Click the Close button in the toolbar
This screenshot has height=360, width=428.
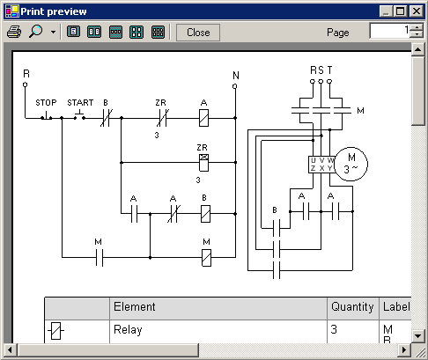tap(198, 33)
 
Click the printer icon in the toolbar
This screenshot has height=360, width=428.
tap(14, 32)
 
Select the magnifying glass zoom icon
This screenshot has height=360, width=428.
tap(36, 31)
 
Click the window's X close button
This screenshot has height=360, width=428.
tap(417, 11)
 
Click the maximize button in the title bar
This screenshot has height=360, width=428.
tap(401, 11)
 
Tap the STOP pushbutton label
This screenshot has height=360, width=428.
tap(46, 103)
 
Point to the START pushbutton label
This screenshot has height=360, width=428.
tap(80, 103)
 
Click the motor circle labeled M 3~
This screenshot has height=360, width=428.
tap(351, 164)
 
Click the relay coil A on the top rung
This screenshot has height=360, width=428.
tap(204, 118)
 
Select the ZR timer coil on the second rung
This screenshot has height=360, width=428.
tap(203, 163)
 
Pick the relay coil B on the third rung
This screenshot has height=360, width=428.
tap(205, 214)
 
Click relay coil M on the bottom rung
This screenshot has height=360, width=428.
tap(206, 258)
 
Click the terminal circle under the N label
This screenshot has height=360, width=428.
tap(234, 86)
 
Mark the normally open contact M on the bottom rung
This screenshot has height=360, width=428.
tap(100, 258)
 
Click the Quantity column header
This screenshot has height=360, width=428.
tap(352, 307)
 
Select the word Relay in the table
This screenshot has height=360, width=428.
tap(128, 330)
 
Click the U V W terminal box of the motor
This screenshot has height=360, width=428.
tap(321, 165)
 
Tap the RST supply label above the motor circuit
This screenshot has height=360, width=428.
tap(321, 70)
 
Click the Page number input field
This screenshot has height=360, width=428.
tap(390, 31)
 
